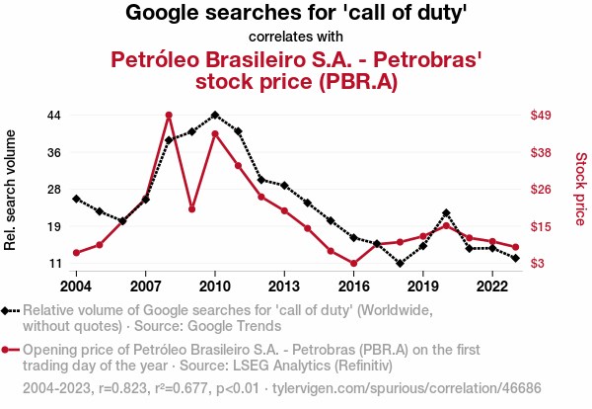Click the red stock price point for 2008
click(x=169, y=115)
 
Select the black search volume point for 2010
click(x=215, y=115)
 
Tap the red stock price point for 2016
click(x=353, y=264)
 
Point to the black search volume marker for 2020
click(x=446, y=212)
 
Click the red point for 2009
click(x=191, y=208)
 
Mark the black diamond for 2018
click(x=400, y=264)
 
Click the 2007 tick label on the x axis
click(x=145, y=286)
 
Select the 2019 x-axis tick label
click(x=422, y=286)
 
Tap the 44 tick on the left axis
click(x=54, y=115)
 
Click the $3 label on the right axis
click(x=537, y=264)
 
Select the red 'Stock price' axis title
click(x=580, y=188)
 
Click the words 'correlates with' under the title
click(x=296, y=38)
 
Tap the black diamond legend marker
click(x=11, y=310)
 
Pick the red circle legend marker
click(x=11, y=350)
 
